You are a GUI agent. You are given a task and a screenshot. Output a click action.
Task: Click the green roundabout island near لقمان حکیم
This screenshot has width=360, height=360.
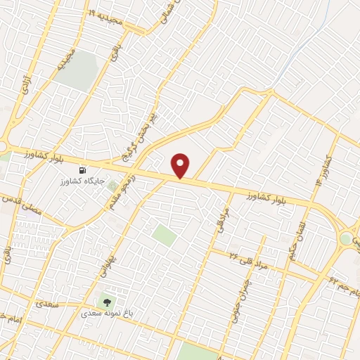pyautogui.click(x=345, y=238)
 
